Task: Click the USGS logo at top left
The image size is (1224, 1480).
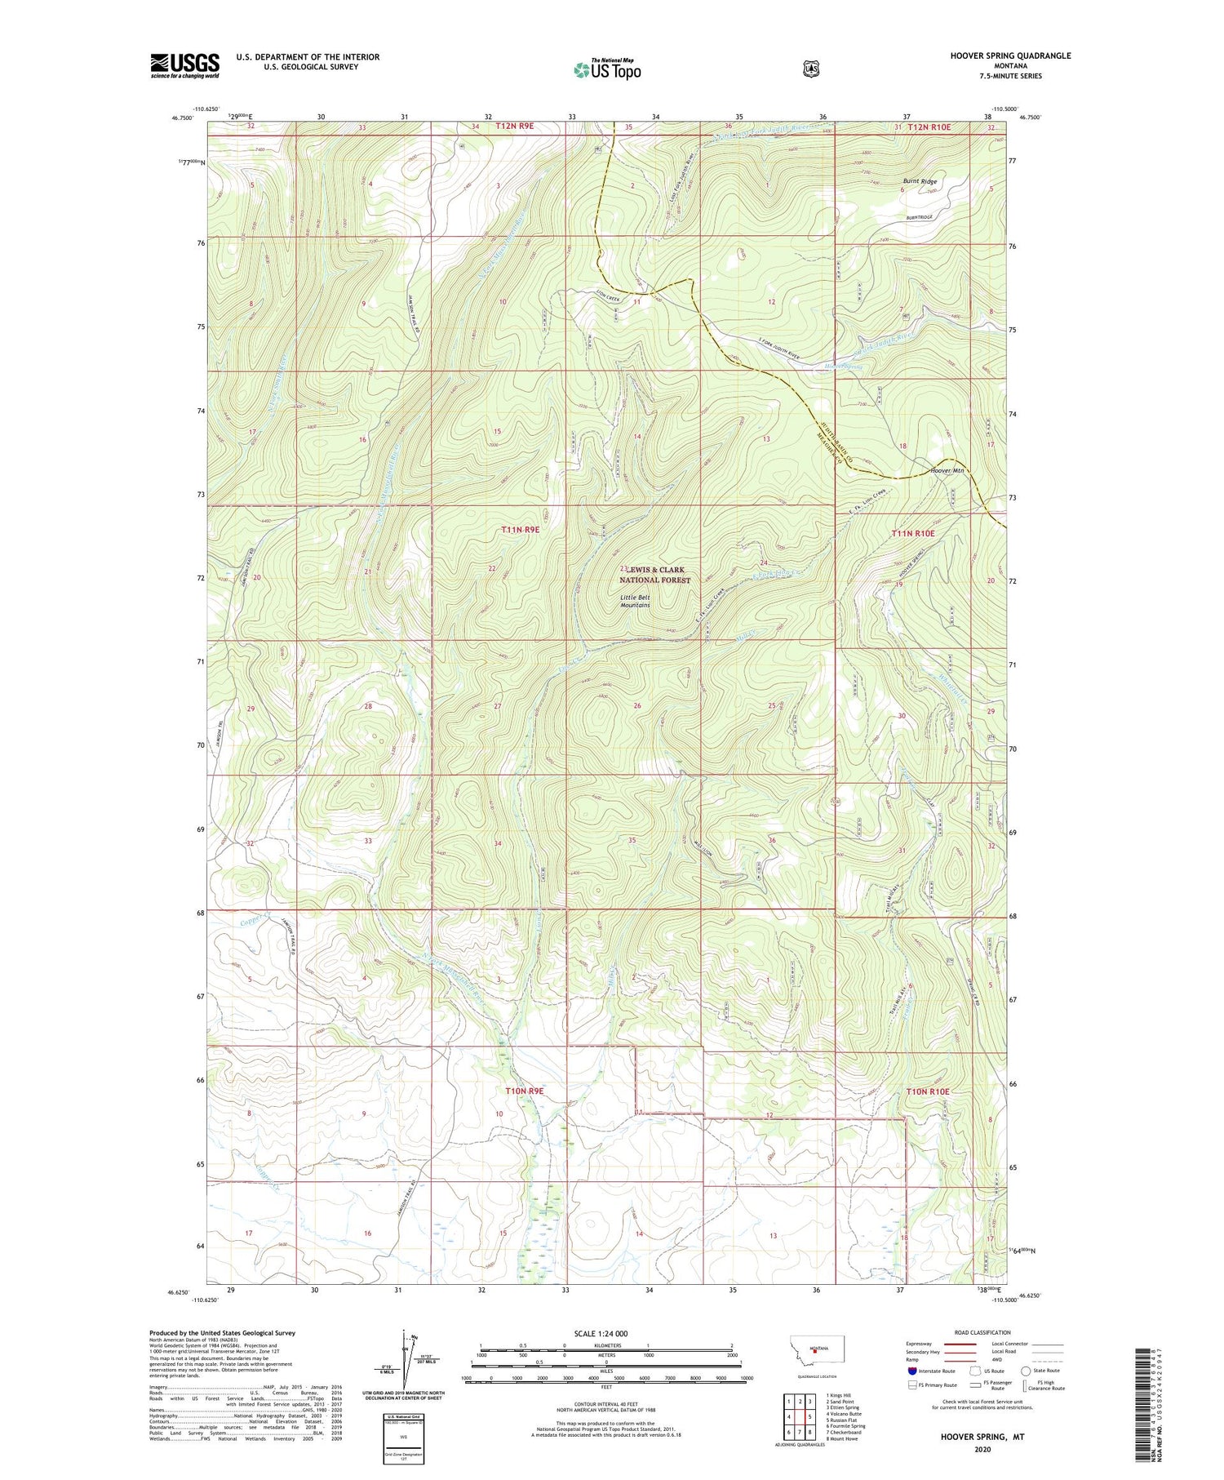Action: click(x=184, y=65)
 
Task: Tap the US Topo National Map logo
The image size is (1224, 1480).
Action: click(x=607, y=69)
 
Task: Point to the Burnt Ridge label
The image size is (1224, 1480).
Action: click(x=920, y=181)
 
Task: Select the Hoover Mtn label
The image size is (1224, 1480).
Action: click(x=947, y=470)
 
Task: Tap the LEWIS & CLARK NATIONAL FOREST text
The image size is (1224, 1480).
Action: click(x=654, y=575)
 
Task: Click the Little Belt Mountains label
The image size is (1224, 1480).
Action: click(x=635, y=601)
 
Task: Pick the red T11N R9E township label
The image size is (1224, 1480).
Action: click(x=521, y=530)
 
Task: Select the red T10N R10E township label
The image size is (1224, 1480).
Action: click(x=928, y=1091)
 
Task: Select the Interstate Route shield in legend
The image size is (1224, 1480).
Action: click(x=911, y=1371)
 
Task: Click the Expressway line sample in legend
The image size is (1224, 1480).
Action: click(x=959, y=1344)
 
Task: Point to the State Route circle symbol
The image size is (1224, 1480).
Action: click(x=1025, y=1371)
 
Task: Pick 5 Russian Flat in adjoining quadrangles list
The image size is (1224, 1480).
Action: click(x=843, y=1420)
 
